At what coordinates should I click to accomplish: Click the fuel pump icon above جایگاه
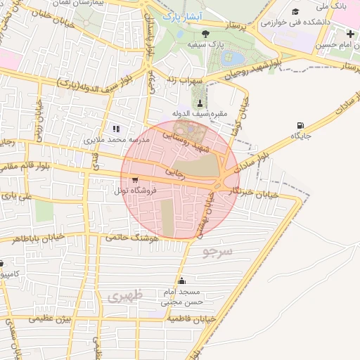pos(300,126)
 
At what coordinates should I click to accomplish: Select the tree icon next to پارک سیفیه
pos(205,33)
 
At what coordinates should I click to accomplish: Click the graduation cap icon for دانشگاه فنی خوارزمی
pos(295,11)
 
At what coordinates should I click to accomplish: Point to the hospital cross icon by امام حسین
pos(350,34)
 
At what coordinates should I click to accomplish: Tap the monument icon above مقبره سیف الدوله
pos(199,103)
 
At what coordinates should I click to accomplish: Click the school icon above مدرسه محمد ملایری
pos(117,129)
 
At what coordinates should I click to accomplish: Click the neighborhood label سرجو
pos(217,251)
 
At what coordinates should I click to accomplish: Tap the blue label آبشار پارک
pos(181,15)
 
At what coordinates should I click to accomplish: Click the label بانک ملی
pos(332,6)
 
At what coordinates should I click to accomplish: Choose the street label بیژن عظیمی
pos(53,320)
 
